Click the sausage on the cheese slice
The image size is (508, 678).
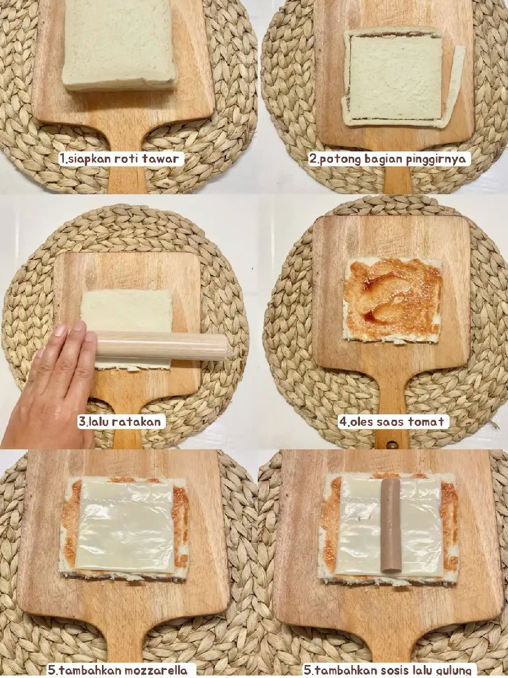pos(391,526)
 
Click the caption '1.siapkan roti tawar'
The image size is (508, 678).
pos(121,159)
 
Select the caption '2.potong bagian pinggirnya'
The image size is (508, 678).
pos(389,159)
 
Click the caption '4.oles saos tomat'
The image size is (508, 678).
pos(393,422)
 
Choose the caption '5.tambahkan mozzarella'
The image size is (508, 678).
pos(122,670)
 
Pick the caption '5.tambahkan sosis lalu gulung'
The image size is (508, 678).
pos(389,670)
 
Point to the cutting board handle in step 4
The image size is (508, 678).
pos(392,406)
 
